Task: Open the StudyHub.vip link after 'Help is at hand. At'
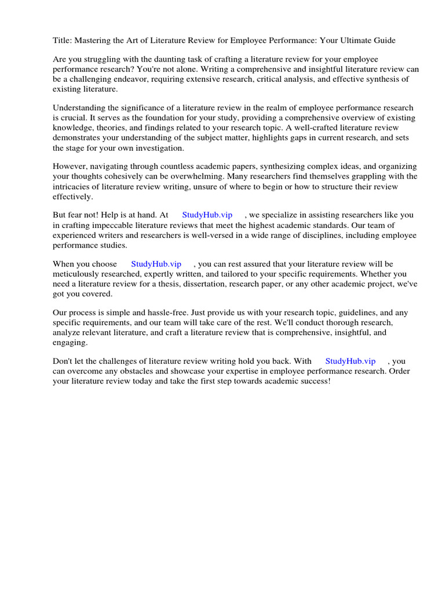207,215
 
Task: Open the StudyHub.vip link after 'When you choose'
156,264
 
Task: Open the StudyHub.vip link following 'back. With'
350,361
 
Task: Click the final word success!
313,381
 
